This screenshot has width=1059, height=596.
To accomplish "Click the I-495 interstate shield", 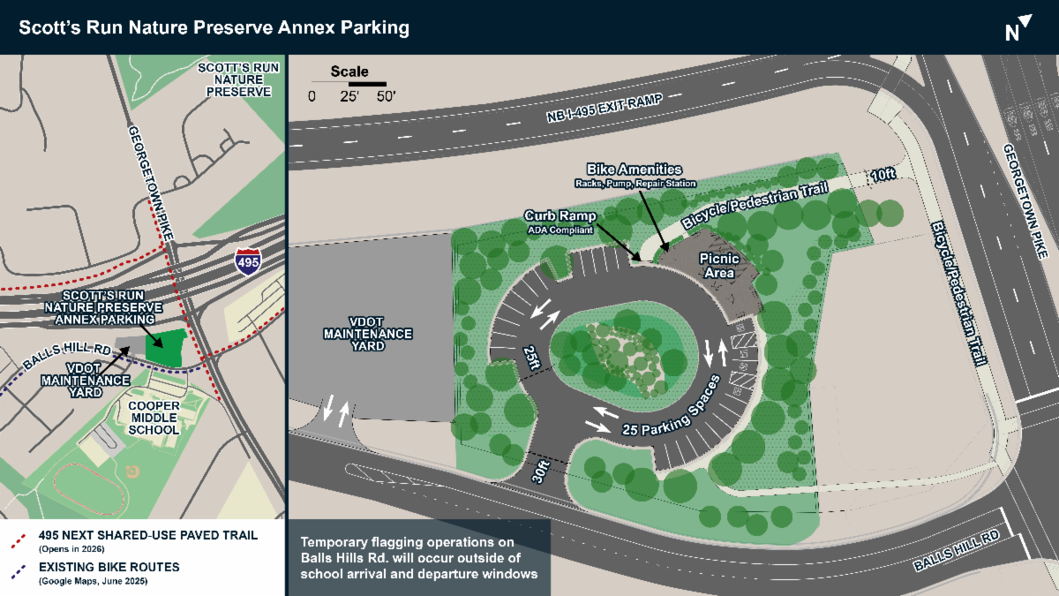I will pos(247,260).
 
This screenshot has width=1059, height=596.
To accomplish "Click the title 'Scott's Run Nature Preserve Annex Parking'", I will pos(215,27).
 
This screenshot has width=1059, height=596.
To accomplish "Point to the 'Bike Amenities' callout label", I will pos(635,168).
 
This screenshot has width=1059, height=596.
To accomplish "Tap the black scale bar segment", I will pos(367,83).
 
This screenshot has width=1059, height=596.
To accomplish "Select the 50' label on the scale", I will pos(386,97).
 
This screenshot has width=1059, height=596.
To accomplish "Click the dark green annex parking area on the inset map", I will pos(166,348).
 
